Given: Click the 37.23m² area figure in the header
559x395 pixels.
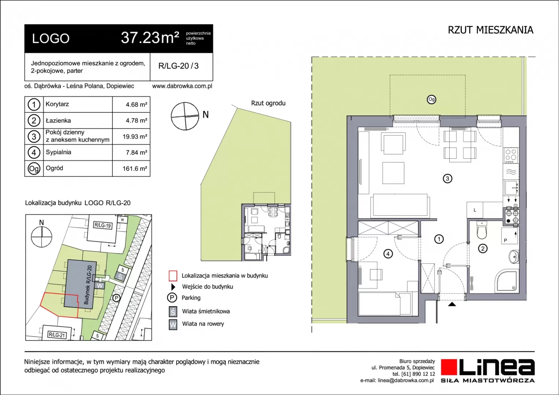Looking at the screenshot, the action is pyautogui.click(x=150, y=38).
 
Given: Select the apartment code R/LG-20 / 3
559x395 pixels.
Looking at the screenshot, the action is pyautogui.click(x=179, y=66).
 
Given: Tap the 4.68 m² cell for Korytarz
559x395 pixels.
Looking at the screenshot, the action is pyautogui.click(x=136, y=105).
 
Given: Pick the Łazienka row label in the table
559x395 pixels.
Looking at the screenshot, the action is pyautogui.click(x=58, y=121).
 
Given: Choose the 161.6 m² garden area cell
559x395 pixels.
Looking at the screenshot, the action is pyautogui.click(x=135, y=169).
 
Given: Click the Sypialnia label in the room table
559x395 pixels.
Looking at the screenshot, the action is pyautogui.click(x=59, y=152).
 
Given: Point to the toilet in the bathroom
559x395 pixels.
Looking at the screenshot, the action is pyautogui.click(x=482, y=230).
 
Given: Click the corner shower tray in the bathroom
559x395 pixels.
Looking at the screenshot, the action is pyautogui.click(x=506, y=281).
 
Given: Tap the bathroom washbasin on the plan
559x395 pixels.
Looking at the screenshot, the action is pyautogui.click(x=513, y=257).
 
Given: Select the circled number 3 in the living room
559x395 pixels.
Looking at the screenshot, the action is pyautogui.click(x=447, y=178).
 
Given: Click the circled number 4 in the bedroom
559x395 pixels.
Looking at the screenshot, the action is pyautogui.click(x=388, y=254).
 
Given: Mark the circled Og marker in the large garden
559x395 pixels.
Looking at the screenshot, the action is pyautogui.click(x=431, y=99).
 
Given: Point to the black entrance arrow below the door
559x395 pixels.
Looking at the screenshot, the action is pyautogui.click(x=452, y=304).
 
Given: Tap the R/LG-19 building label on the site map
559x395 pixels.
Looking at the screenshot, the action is pyautogui.click(x=102, y=225).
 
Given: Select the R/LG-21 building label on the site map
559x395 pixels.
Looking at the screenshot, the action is pyautogui.click(x=57, y=335).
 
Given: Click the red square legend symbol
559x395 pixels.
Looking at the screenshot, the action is pyautogui.click(x=173, y=276).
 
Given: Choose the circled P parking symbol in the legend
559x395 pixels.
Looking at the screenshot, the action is pyautogui.click(x=172, y=298).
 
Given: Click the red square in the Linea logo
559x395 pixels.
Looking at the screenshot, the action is pyautogui.click(x=449, y=367).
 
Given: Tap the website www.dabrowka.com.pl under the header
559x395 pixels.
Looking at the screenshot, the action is pyautogui.click(x=182, y=86).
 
